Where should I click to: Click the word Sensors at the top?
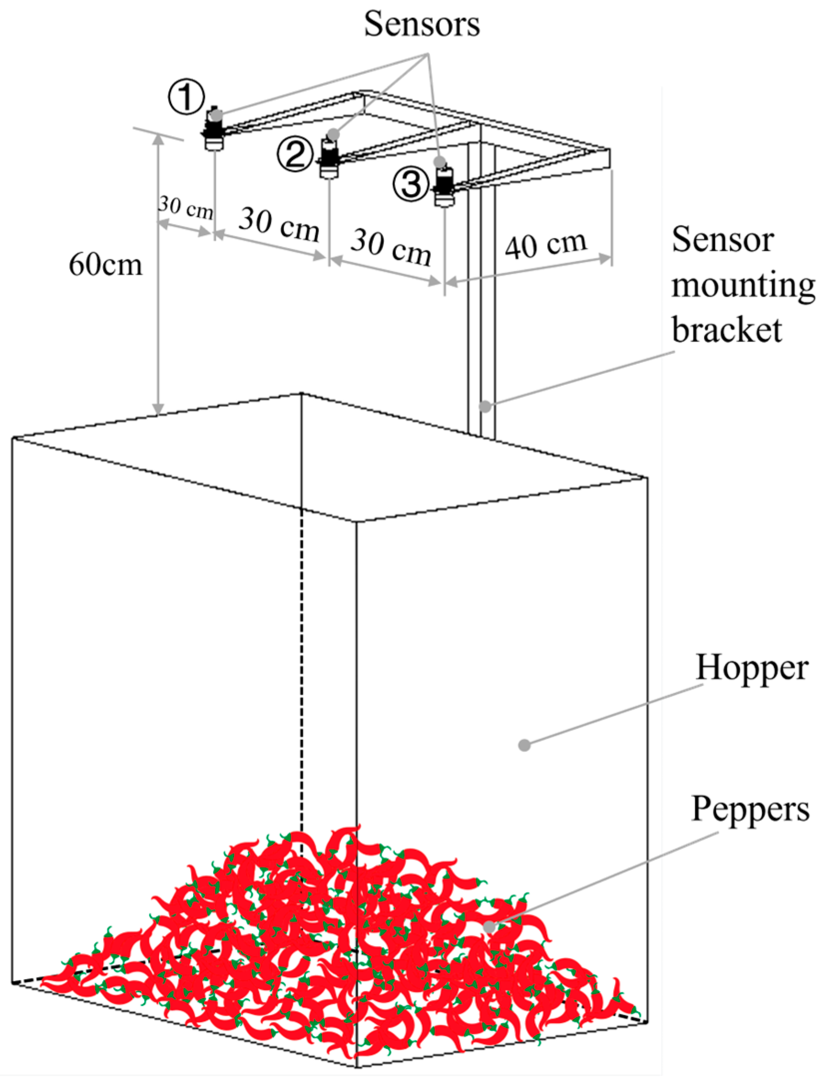point(421,24)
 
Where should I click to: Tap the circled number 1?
point(186,97)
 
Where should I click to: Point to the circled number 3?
point(411,184)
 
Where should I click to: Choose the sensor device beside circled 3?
point(444,187)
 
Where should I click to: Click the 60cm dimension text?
point(105,264)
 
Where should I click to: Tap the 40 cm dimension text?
point(546,245)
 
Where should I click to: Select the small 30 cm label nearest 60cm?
point(186,207)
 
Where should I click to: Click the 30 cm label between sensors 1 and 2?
point(279,225)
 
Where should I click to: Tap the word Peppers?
point(750,808)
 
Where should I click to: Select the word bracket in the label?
point(727,330)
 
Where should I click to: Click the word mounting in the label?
point(743,285)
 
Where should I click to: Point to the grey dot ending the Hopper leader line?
point(524,745)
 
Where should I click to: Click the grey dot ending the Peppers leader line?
point(489,927)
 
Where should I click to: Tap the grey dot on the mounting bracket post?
point(485,406)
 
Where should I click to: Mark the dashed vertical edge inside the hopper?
point(301,673)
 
